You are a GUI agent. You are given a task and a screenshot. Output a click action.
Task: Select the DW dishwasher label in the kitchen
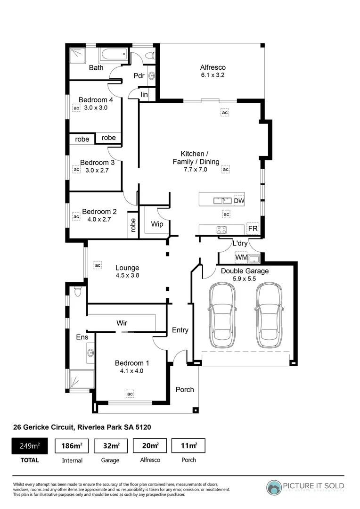tap(239, 201)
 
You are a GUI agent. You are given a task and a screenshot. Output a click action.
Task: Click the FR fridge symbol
tap(253, 229)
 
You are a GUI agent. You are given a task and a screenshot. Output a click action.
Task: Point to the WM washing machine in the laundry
tap(241, 258)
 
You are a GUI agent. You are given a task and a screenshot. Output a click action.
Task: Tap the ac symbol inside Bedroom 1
tap(130, 393)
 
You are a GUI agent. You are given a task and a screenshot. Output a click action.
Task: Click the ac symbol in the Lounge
tap(98, 265)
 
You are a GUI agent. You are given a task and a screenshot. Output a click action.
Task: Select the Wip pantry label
tap(157, 224)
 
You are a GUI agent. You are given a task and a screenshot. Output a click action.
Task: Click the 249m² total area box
tap(29, 445)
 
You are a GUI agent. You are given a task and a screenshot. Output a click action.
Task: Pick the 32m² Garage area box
tap(111, 445)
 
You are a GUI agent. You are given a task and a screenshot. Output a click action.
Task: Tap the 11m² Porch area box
tap(188, 445)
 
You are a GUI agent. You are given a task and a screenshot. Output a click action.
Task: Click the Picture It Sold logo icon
tap(274, 488)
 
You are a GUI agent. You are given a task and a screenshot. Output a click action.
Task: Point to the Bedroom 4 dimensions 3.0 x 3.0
tap(96, 107)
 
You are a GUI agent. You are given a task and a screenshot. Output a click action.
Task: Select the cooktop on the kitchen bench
tap(221, 230)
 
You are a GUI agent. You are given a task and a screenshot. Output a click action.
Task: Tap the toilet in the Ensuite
tap(78, 292)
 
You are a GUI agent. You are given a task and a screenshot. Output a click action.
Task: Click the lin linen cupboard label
tap(144, 95)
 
